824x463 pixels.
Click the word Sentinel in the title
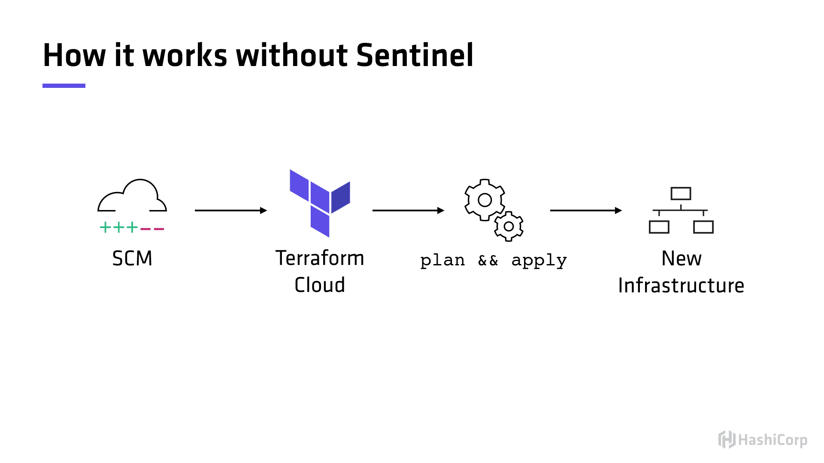[415, 56]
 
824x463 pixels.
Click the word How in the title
[74, 56]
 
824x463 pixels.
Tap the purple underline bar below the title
[64, 86]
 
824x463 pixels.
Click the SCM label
[132, 259]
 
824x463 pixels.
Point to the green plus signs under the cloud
[119, 227]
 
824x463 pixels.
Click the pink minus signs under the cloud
[152, 229]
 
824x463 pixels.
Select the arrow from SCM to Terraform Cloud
[230, 210]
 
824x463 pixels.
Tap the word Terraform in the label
[320, 258]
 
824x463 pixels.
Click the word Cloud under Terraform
[320, 285]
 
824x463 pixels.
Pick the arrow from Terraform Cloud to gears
[408, 210]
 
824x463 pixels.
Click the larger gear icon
[485, 200]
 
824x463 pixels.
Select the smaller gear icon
[509, 226]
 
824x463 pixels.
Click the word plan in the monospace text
[442, 260]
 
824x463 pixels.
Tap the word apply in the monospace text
[539, 260]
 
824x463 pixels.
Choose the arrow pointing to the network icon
[586, 210]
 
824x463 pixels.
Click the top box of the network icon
[681, 194]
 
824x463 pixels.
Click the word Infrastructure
[681, 286]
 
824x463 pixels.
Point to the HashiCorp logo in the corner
[763, 440]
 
